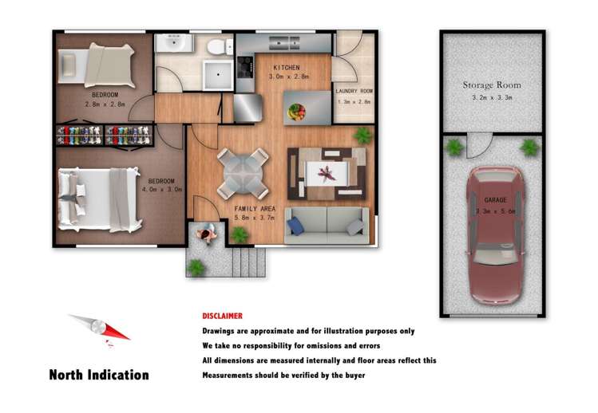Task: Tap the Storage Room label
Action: [x=492, y=85]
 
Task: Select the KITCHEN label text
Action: [x=286, y=67]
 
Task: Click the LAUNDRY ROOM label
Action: [x=354, y=91]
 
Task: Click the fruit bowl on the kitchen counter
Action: [x=296, y=111]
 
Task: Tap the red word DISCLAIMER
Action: [x=222, y=316]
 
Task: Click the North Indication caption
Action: [x=99, y=375]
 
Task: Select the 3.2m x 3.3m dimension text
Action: [x=493, y=98]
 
